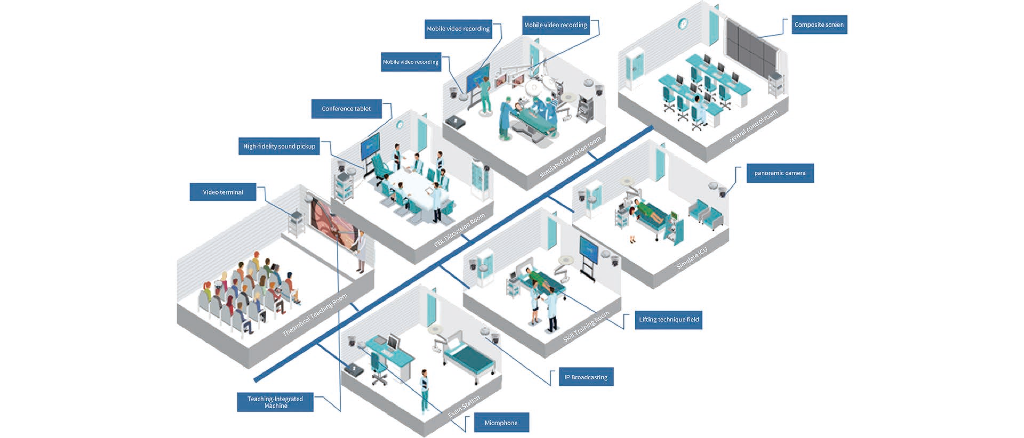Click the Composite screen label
(x=819, y=25)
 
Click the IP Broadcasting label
(x=586, y=377)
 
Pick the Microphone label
(x=501, y=423)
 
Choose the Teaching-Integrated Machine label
(x=275, y=402)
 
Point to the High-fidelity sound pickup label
(x=279, y=146)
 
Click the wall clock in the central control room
(x=682, y=24)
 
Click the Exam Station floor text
(x=464, y=406)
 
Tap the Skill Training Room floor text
(x=586, y=326)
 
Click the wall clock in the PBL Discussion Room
(x=400, y=125)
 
